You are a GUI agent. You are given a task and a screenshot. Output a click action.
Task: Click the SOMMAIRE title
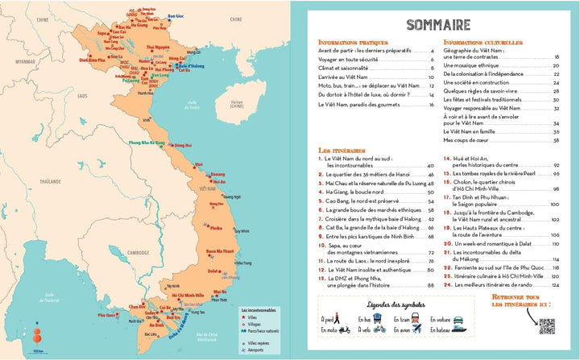click(x=439, y=23)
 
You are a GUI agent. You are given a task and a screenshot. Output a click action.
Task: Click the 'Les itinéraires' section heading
click(x=338, y=150)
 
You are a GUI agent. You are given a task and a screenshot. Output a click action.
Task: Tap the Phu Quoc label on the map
click(x=108, y=315)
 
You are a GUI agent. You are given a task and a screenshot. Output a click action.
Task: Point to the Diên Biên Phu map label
click(x=94, y=60)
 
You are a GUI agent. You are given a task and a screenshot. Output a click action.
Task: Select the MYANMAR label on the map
click(x=31, y=60)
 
